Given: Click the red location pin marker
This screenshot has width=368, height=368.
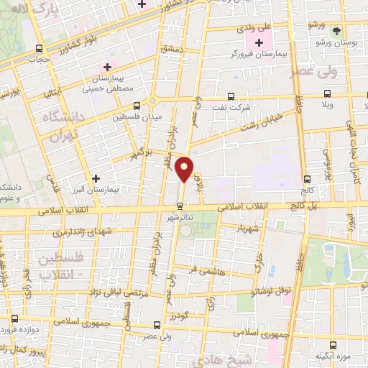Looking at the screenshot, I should (185, 168).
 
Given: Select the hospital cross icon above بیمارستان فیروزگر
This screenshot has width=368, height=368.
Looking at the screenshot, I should (259, 43).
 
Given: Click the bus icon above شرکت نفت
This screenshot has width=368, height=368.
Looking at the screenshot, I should (231, 96).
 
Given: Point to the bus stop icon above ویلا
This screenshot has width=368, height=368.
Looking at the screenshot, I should (328, 93).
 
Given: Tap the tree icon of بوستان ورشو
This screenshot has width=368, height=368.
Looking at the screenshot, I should (336, 30).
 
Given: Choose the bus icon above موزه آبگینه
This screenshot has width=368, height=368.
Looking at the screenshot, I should (332, 345).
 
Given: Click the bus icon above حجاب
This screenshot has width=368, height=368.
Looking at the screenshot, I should (37, 48).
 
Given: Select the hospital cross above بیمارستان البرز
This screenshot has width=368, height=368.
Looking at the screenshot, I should (96, 178).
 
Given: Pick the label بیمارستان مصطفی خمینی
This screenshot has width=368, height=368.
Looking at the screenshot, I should (106, 83).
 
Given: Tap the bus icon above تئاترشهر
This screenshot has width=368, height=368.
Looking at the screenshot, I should (180, 204).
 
